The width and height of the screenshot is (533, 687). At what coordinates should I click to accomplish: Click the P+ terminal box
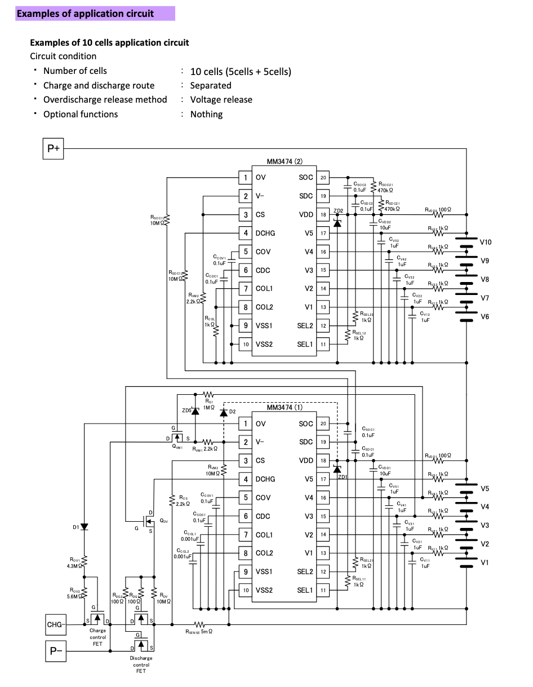point(54,148)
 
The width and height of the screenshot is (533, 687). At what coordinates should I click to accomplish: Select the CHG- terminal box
point(55,624)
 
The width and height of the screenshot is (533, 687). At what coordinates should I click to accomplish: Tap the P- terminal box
point(56,652)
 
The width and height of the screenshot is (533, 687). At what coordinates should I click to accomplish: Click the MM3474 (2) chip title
point(285,162)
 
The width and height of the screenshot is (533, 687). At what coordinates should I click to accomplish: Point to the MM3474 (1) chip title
point(285,407)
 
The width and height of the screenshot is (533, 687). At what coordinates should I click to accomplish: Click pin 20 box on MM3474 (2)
point(323,178)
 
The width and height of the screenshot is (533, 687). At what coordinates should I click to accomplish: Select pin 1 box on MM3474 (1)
point(245,424)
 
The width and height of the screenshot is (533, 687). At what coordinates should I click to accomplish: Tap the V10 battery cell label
point(486,243)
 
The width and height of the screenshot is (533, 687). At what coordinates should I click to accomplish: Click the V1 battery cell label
point(485,562)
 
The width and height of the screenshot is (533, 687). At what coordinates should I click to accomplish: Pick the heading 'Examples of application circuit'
point(85,14)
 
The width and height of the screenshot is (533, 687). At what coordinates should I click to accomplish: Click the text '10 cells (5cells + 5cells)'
point(241,72)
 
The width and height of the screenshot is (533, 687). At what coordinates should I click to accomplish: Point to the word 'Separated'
point(211,86)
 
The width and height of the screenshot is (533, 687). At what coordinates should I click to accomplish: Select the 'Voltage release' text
point(221,100)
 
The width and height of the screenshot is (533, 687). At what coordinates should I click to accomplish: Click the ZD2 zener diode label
point(338,210)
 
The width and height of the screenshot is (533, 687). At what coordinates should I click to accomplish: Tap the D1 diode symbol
point(84,527)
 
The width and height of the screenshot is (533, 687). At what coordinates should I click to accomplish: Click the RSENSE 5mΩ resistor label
point(199,632)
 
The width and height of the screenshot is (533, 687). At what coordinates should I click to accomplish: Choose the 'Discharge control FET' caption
point(141,664)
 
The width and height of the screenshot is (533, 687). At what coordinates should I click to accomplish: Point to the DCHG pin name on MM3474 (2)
point(265,233)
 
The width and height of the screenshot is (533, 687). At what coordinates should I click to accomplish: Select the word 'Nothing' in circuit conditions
point(206,114)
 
